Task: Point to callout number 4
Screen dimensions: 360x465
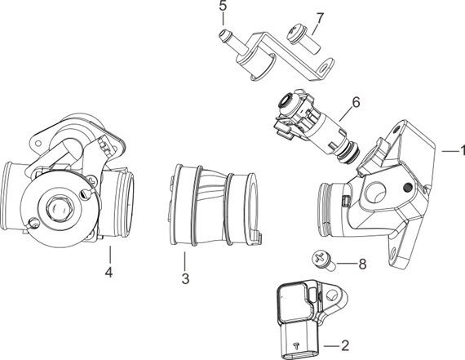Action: pyautogui.click(x=108, y=273)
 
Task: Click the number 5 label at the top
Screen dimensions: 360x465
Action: pyautogui.click(x=223, y=7)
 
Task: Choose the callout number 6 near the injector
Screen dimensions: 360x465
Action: pyautogui.click(x=355, y=103)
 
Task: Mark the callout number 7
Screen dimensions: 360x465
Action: pyautogui.click(x=320, y=16)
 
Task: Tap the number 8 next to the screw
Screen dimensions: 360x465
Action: pyautogui.click(x=362, y=264)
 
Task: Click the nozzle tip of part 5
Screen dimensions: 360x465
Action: pyautogui.click(x=220, y=34)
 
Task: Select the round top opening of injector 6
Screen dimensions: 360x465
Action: pyautogui.click(x=286, y=103)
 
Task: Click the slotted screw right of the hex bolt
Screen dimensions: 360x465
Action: pyautogui.click(x=88, y=196)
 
